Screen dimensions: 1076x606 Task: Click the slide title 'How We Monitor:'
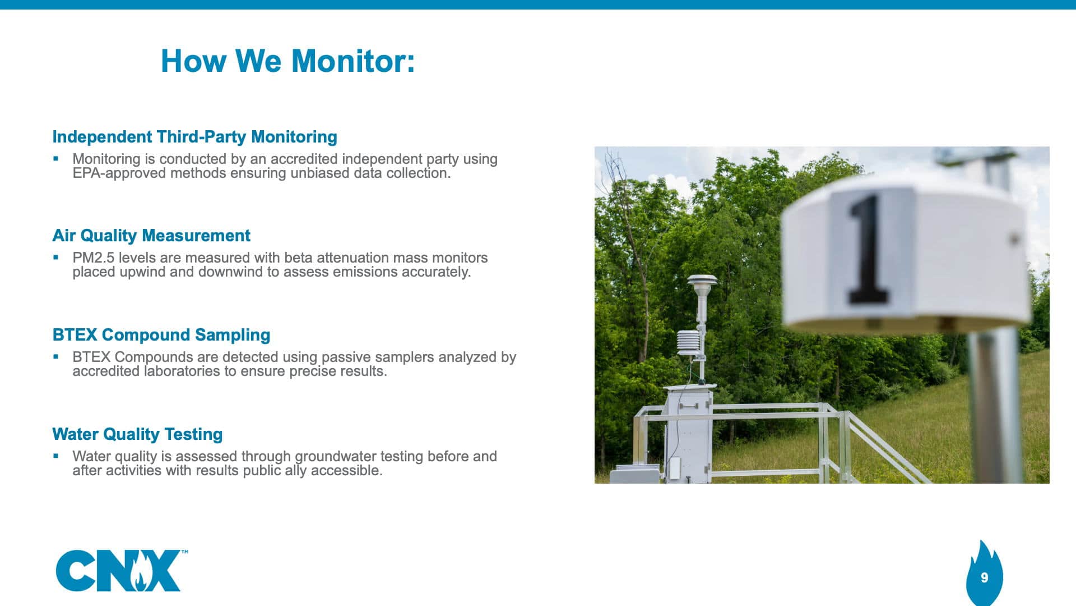tap(287, 61)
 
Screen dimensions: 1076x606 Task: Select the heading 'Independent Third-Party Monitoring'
tap(194, 137)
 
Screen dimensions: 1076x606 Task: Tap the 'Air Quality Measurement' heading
tap(151, 236)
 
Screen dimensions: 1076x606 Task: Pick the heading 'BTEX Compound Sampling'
tap(161, 335)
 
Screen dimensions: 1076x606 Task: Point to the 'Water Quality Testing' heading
tap(137, 434)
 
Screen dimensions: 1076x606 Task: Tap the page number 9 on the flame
tap(984, 577)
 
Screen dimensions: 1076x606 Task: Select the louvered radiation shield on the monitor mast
tap(688, 343)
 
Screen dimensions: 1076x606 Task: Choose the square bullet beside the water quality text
tap(55, 456)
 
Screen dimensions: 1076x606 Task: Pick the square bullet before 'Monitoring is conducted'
tap(55, 158)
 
